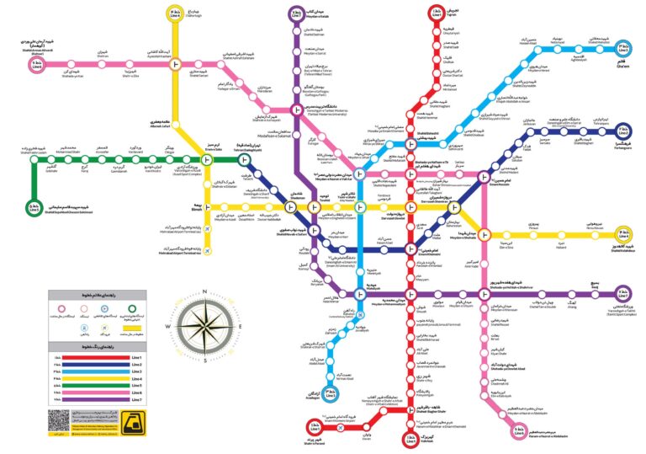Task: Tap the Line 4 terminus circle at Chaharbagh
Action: click(176, 13)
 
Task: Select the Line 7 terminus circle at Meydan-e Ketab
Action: click(295, 14)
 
